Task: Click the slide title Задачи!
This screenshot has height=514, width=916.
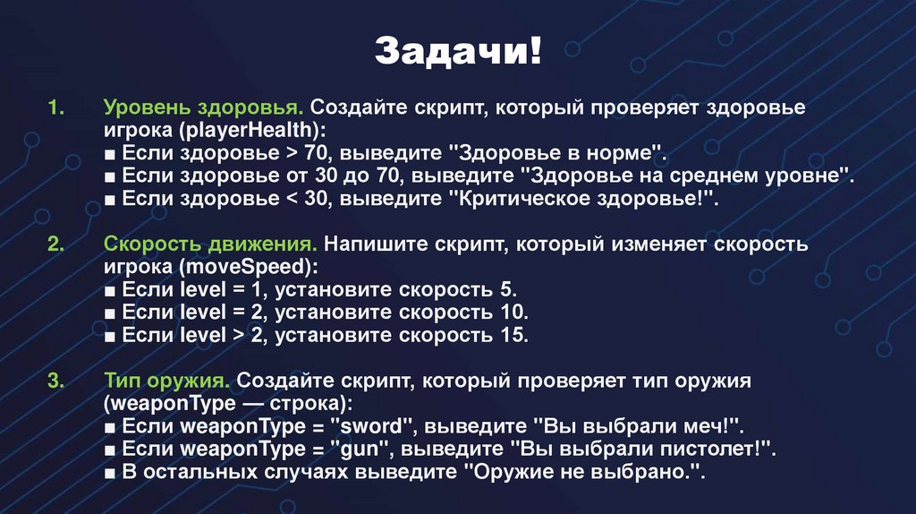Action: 457,50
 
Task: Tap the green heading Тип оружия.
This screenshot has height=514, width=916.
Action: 166,381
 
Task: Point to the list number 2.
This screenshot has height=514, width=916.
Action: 56,244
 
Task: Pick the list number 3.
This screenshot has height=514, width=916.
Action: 56,381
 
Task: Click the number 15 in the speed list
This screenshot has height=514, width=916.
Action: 513,336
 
